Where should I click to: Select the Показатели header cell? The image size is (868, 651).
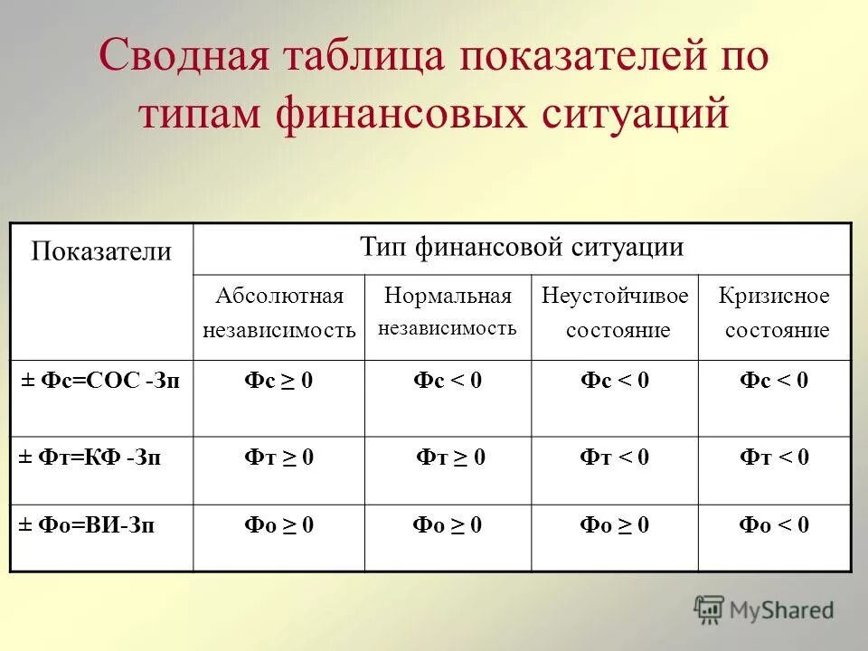[x=101, y=251]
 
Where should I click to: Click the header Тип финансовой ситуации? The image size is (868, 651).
[x=522, y=248]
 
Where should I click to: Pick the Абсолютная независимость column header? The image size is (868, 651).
[x=278, y=313]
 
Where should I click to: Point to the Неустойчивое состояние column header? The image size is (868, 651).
[x=615, y=313]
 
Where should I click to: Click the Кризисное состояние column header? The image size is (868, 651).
[x=774, y=313]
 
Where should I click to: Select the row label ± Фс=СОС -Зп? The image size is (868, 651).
[x=101, y=382]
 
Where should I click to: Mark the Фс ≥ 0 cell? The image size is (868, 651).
[x=278, y=382]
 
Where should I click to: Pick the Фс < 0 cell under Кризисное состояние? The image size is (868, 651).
[x=774, y=382]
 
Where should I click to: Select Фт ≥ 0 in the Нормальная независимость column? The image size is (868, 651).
[x=450, y=458]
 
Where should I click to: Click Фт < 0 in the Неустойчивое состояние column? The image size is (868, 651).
[x=615, y=458]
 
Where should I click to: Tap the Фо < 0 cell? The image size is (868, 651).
[x=774, y=524]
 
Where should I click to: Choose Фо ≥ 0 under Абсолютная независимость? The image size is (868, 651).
[x=278, y=524]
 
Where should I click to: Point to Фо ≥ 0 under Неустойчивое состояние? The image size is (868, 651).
[x=615, y=524]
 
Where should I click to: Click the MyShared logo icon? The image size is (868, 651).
[x=710, y=609]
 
